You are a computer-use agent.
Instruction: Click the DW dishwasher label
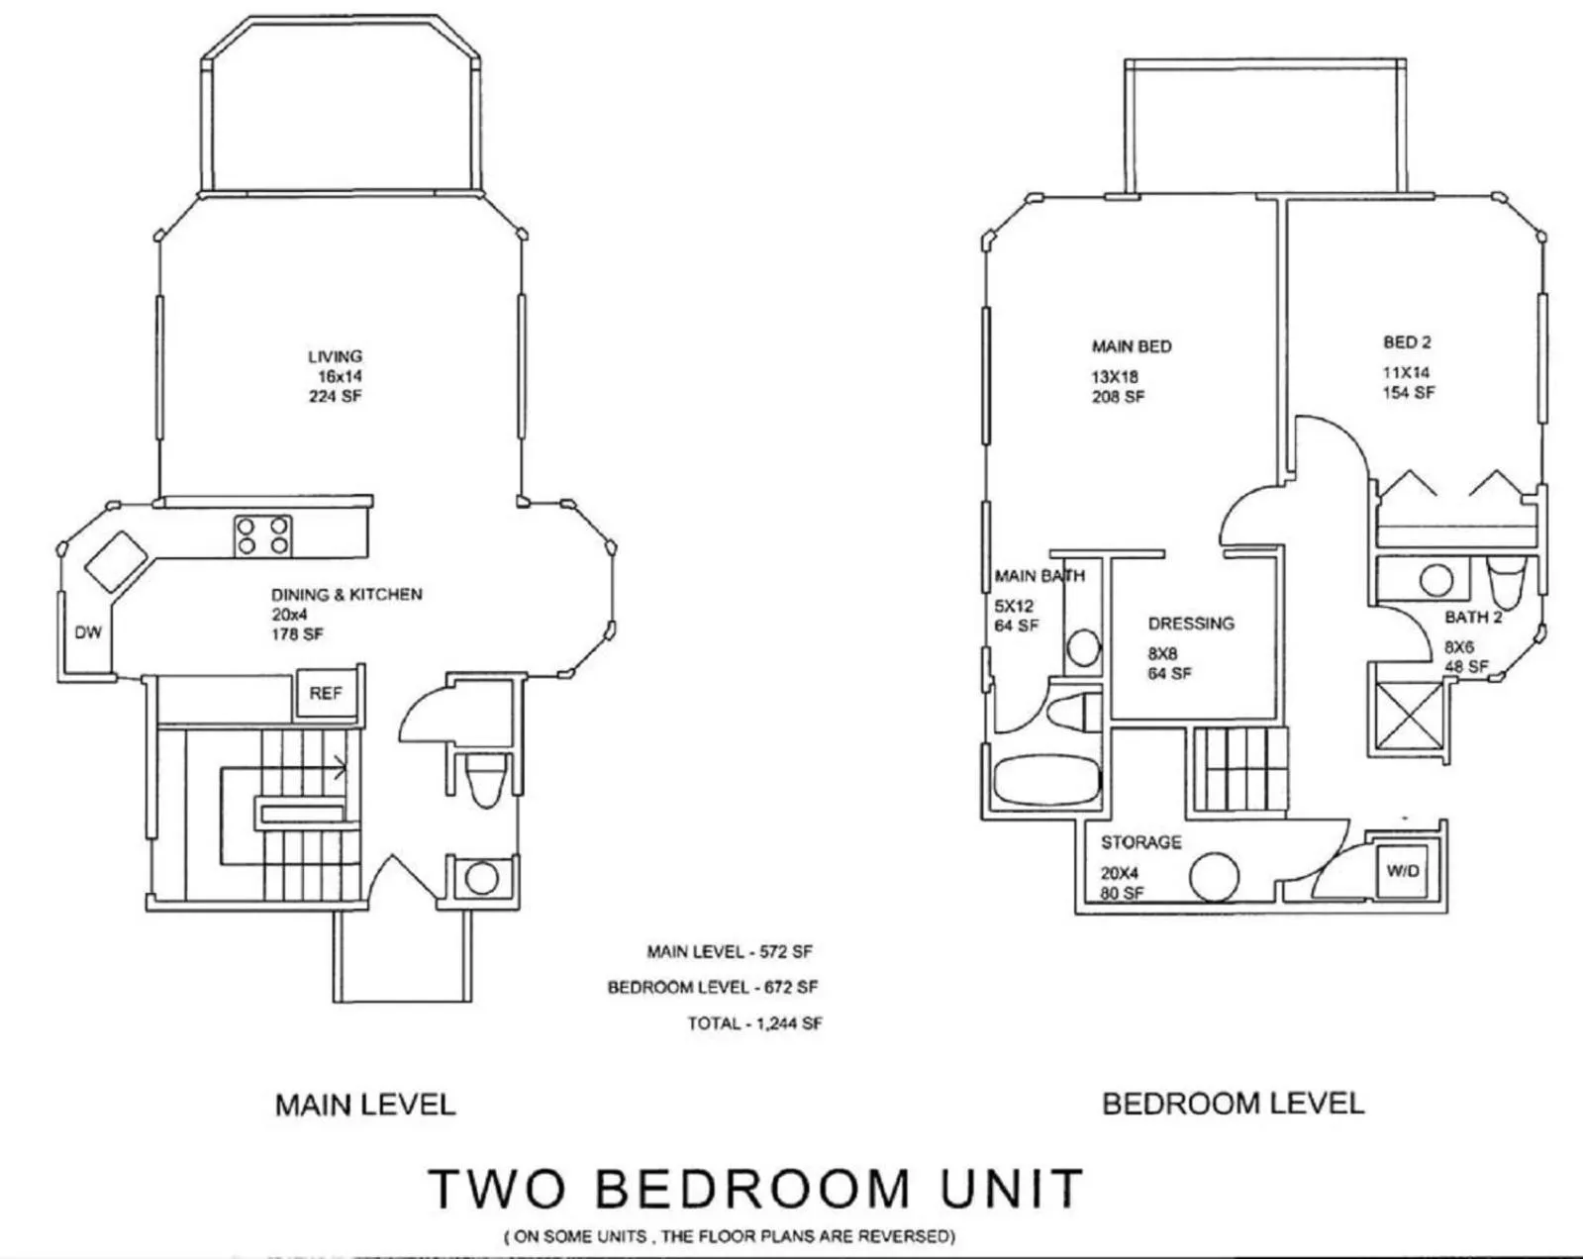coord(88,632)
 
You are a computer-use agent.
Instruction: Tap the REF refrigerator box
coord(325,694)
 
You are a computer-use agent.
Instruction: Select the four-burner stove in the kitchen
coord(263,535)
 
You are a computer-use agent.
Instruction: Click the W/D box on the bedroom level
coord(1403,871)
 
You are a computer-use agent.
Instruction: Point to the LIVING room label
coord(335,356)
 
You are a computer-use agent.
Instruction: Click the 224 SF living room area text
coord(335,396)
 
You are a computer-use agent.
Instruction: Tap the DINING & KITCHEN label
coord(346,594)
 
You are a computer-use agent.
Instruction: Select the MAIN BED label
coord(1131,346)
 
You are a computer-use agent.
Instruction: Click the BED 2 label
coord(1407,342)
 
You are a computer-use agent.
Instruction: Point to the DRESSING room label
coord(1191,624)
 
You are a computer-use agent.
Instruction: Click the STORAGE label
coord(1140,842)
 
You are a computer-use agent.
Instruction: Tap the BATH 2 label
coord(1473,618)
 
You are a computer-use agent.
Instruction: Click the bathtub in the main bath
coord(1044,779)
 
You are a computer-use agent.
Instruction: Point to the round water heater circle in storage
coord(1214,877)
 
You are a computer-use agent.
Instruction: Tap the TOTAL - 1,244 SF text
coord(754,1023)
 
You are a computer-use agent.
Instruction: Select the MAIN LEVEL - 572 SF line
coord(729,952)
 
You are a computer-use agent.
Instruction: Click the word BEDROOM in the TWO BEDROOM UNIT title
coord(752,1188)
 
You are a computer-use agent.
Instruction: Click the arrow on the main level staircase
coord(340,764)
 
